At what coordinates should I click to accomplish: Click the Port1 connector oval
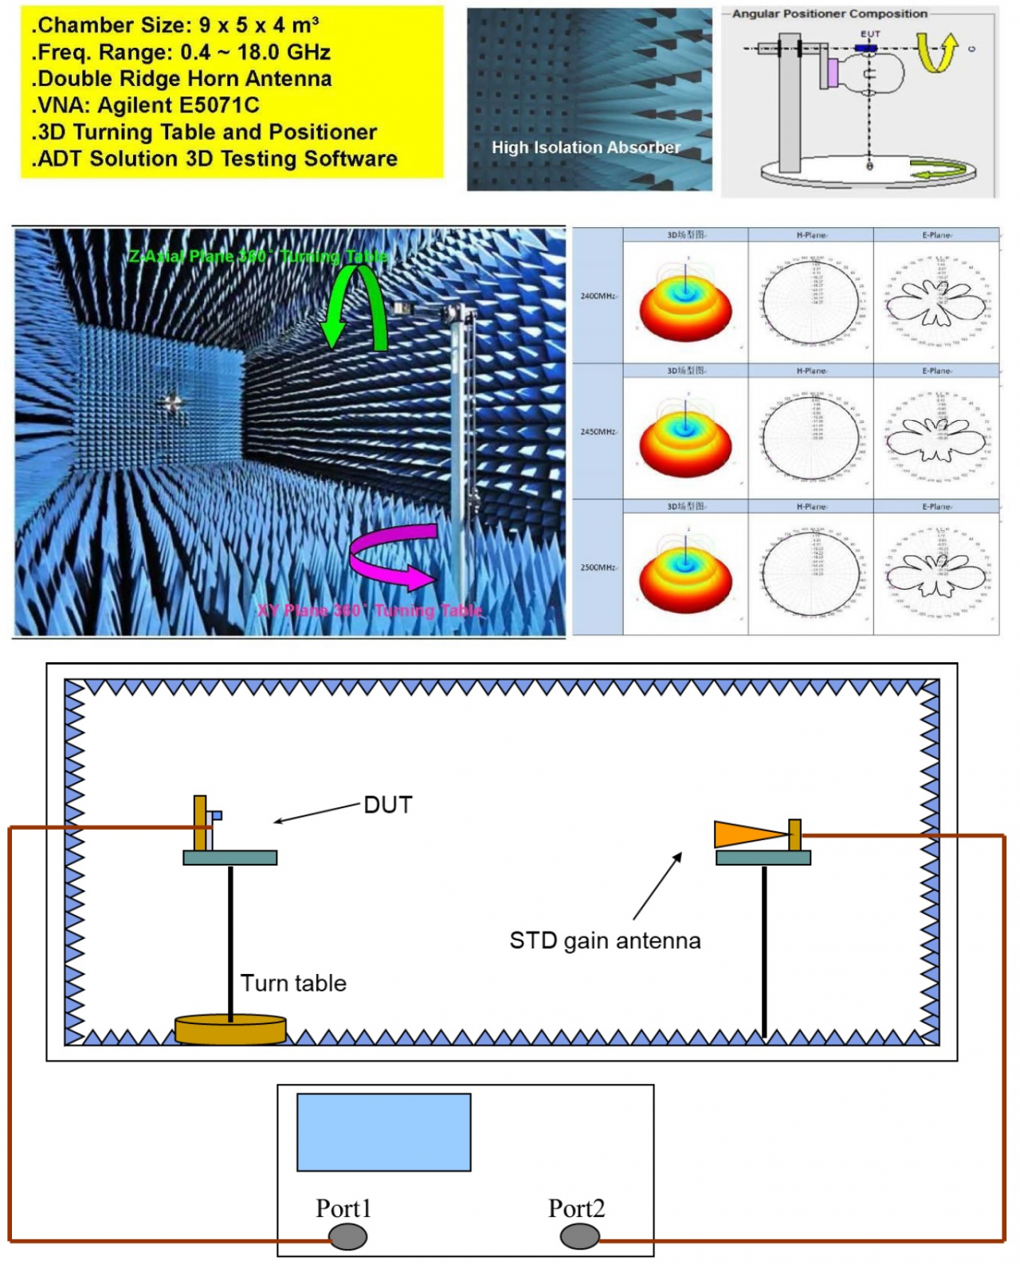(x=348, y=1236)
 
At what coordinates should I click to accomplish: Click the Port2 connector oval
(x=579, y=1236)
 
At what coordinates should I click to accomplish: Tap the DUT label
(x=387, y=805)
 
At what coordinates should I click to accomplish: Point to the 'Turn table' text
(x=293, y=983)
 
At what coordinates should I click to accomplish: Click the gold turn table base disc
(x=230, y=1029)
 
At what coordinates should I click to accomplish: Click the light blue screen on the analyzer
(x=383, y=1132)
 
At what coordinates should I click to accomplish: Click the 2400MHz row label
(x=598, y=296)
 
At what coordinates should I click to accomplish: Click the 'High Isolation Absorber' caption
(x=586, y=147)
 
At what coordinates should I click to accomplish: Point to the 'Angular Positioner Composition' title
(x=830, y=14)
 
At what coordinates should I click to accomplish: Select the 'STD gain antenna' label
(x=605, y=940)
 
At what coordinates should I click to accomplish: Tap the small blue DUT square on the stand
(x=216, y=815)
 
